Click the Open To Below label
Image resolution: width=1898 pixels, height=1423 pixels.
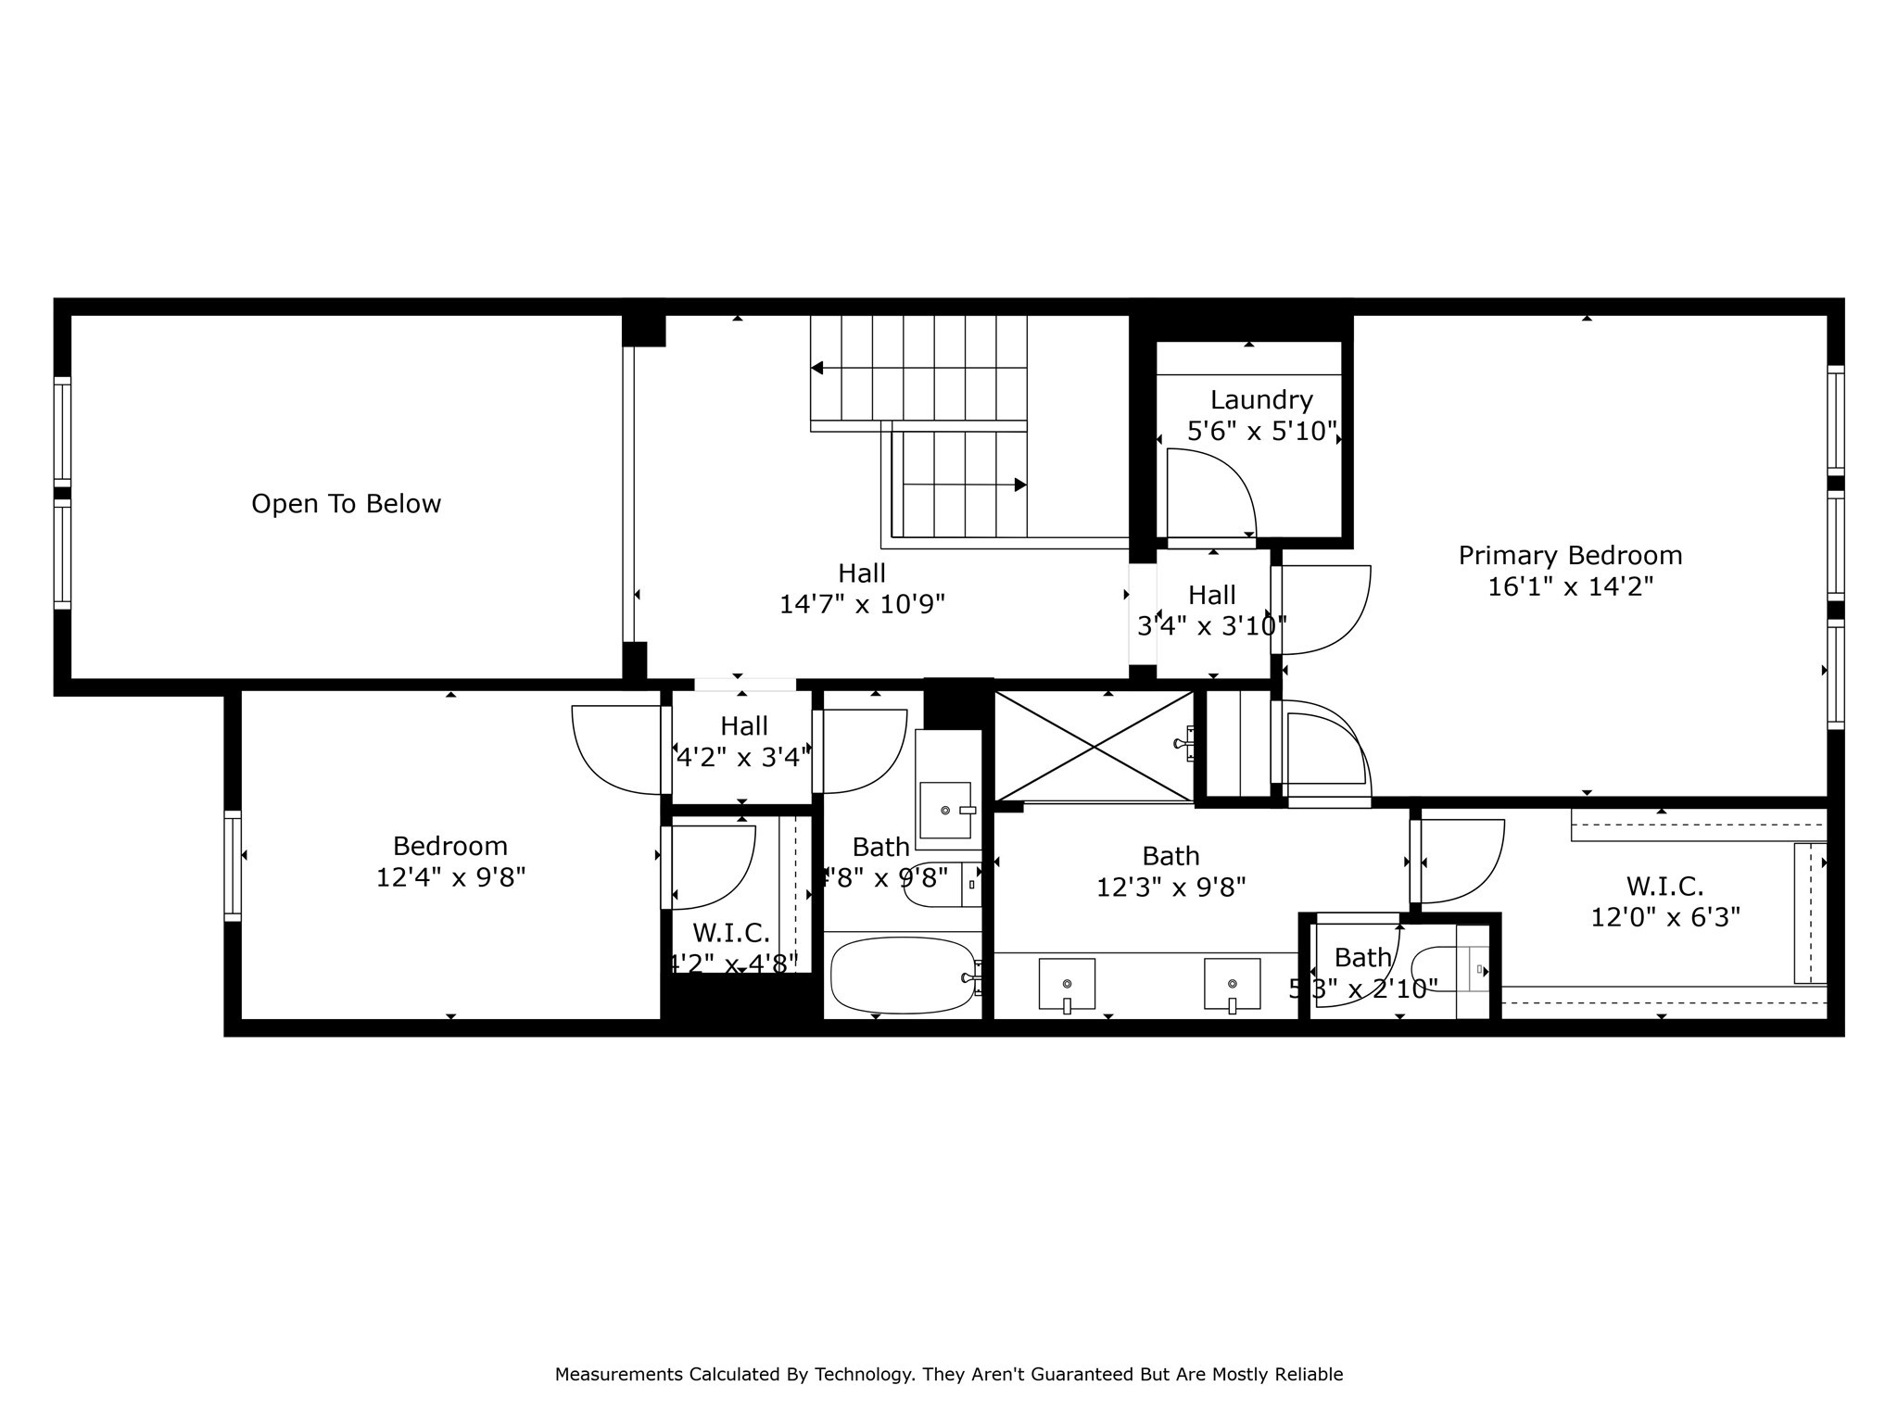346,504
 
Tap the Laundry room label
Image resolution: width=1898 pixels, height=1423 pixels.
1261,400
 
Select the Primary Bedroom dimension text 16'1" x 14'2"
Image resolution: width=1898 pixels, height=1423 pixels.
1570,586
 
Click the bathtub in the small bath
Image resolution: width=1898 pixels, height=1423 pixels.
902,976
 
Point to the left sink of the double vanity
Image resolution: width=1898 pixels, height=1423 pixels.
1067,984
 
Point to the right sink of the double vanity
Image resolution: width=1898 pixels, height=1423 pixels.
1232,984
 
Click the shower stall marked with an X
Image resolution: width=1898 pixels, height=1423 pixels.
1094,746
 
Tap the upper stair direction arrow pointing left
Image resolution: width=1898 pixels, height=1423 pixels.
817,368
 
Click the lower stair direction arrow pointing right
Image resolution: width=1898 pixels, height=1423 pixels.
1019,485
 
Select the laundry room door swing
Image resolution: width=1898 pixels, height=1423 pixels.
1209,491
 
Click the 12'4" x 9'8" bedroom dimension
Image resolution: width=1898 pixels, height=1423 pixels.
450,877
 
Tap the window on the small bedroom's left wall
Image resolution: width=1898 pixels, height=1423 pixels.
233,865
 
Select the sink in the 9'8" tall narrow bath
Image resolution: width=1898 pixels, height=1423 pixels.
946,810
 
